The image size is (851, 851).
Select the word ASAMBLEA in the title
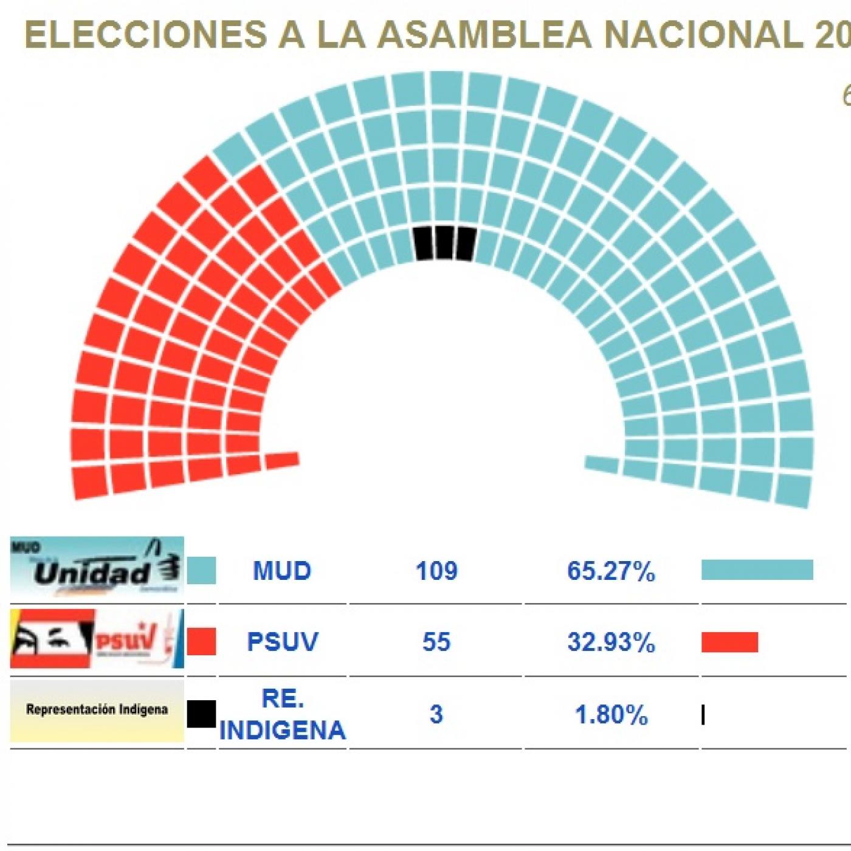click(484, 35)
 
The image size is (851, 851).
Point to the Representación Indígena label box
click(97, 710)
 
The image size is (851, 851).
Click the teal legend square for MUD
click(201, 571)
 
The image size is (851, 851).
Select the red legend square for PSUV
click(201, 642)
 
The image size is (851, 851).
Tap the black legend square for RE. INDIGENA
click(201, 714)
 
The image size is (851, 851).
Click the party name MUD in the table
click(282, 571)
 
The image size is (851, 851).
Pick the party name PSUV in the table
click(282, 642)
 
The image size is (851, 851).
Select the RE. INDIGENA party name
click(282, 714)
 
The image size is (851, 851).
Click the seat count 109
click(436, 571)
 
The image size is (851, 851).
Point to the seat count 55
click(436, 642)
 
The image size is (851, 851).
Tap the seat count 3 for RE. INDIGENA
click(436, 714)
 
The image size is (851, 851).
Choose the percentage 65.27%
click(611, 571)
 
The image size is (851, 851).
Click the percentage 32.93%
click(611, 643)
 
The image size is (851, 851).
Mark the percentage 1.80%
click(611, 715)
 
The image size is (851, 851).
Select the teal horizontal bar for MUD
click(757, 570)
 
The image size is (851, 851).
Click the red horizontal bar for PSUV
click(729, 643)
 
